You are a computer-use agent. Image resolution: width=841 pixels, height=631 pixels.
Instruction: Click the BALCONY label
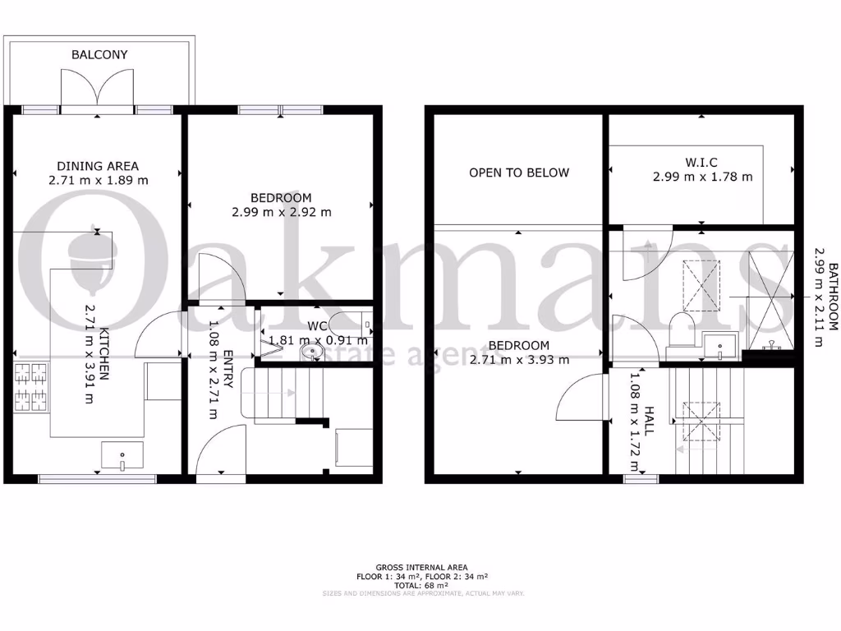point(99,55)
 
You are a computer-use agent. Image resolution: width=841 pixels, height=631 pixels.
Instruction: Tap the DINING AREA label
point(98,165)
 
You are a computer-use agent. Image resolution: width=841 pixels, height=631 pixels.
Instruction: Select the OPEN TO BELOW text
point(519,173)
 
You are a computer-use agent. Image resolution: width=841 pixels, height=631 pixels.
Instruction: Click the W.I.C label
point(703,162)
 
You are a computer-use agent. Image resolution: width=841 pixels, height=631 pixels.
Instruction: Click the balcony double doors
point(98,88)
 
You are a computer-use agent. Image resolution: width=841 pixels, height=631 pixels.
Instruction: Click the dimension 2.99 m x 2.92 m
point(281,212)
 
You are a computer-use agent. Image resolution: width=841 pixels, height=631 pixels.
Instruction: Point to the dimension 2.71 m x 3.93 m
point(519,359)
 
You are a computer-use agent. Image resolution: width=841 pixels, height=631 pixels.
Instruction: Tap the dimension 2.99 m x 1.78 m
point(703,177)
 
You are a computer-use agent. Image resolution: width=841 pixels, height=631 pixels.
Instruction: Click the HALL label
point(649,420)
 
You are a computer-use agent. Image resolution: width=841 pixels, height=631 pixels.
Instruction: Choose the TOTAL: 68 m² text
point(421,585)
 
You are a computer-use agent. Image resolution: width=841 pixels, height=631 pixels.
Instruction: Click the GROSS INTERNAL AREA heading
point(421,568)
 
